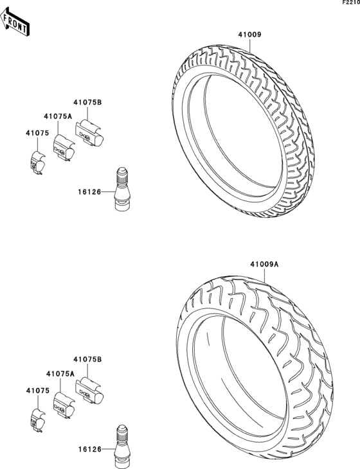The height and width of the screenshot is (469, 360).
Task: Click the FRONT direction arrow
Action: pos(14,22)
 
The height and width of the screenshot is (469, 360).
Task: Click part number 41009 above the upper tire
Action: pos(249,35)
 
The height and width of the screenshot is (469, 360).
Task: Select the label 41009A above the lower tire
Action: pos(264,265)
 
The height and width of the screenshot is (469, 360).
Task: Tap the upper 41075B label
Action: pos(87,103)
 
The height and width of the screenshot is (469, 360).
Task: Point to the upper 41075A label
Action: pos(58,117)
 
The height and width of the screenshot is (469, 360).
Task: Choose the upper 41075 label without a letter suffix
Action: pos(37,134)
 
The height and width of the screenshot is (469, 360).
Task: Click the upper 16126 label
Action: pos(90,191)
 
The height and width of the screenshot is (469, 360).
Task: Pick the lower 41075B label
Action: pos(87,359)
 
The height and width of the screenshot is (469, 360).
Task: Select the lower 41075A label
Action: pos(60,373)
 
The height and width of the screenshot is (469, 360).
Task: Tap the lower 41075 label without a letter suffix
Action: pos(38,391)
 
